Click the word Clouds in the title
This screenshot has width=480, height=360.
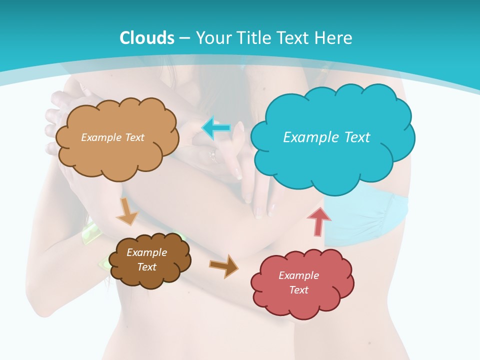pos(146,38)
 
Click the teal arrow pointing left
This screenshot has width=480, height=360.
pos(216,128)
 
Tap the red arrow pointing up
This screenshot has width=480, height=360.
pos(319,220)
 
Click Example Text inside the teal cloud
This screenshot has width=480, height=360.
pos(326,137)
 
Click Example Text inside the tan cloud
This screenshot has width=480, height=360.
pos(112,137)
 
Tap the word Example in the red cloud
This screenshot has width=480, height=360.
pos(298,275)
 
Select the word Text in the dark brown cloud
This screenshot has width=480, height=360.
pos(146,267)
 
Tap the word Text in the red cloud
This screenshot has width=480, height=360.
pos(298,290)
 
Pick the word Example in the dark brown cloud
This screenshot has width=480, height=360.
pos(146,252)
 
